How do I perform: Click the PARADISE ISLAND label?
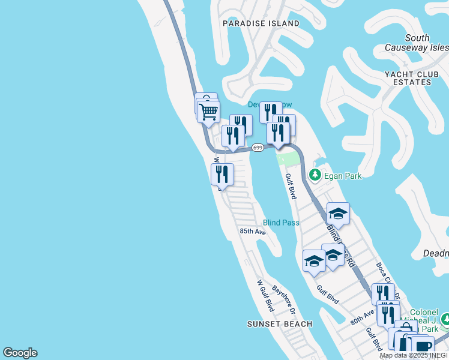tap(261, 23)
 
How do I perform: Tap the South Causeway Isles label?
tap(425, 43)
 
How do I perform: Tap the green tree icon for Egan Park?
tap(315, 175)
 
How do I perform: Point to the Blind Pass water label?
tap(281, 223)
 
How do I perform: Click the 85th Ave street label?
tap(252, 231)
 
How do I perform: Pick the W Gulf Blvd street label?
tap(265, 295)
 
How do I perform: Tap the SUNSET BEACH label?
tap(280, 324)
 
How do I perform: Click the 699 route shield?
tap(258, 148)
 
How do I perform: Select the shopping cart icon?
tap(208, 112)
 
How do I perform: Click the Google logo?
tap(20, 353)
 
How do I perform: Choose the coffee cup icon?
tap(423, 346)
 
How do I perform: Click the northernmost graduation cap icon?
tap(338, 214)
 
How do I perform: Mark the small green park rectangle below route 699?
tap(288, 159)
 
